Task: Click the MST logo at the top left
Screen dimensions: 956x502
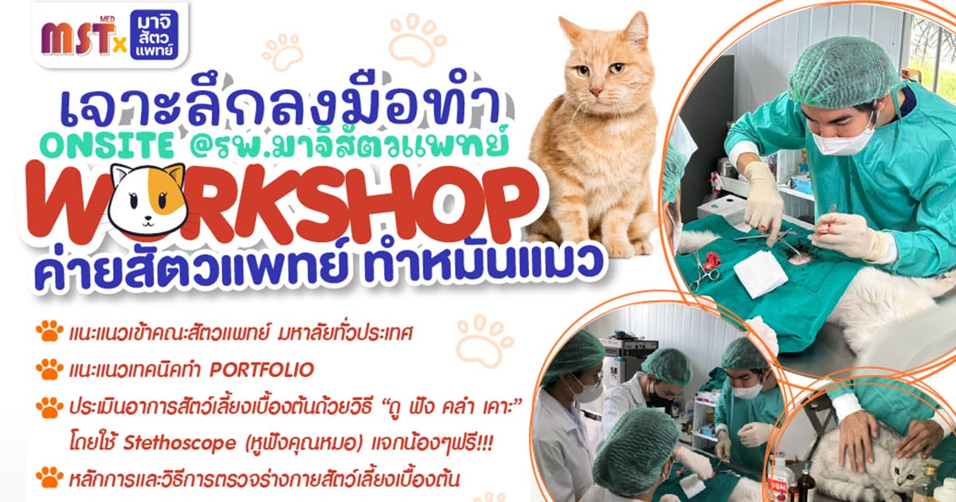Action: [x=78, y=37]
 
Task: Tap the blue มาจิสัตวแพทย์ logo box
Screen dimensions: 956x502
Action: [x=154, y=35]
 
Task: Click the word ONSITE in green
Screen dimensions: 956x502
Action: [x=109, y=146]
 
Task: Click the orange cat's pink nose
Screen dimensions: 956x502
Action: [x=596, y=91]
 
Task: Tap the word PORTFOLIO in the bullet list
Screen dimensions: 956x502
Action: [x=261, y=370]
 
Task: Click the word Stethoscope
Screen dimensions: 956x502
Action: [x=179, y=444]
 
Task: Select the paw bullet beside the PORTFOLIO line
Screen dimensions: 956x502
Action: [x=49, y=370]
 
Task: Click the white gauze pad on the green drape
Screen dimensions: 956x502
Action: [x=760, y=273]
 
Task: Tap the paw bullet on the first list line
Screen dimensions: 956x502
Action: [x=49, y=331]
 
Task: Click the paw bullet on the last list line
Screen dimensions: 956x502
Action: [x=49, y=477]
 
